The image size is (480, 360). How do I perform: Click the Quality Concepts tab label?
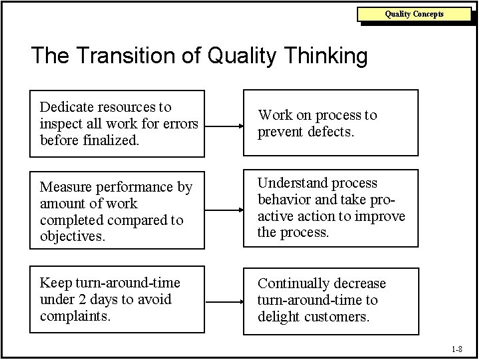tap(414, 14)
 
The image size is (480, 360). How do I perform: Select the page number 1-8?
tap(457, 349)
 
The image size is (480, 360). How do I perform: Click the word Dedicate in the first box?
tap(67, 107)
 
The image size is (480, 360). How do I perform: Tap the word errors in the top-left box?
tap(181, 124)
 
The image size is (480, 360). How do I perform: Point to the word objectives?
tap(73, 237)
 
